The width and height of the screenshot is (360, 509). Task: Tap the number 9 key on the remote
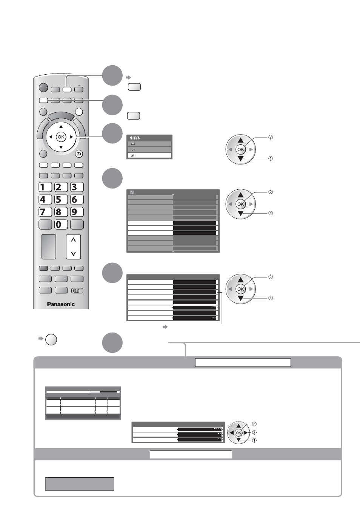pyautogui.click(x=77, y=212)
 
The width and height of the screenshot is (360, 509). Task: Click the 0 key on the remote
pyautogui.click(x=61, y=224)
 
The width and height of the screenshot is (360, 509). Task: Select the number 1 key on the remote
pyautogui.click(x=45, y=187)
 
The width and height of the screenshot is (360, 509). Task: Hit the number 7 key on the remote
pyautogui.click(x=45, y=212)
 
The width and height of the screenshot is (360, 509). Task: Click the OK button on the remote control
pyautogui.click(x=61, y=137)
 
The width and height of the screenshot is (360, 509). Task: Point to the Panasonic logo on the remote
pyautogui.click(x=61, y=304)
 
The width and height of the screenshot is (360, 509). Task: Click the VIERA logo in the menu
pyautogui.click(x=135, y=138)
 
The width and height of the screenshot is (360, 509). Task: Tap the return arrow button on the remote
pyautogui.click(x=79, y=154)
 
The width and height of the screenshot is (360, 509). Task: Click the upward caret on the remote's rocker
pyautogui.click(x=73, y=240)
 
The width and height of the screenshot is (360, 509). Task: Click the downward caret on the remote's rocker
pyautogui.click(x=73, y=253)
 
